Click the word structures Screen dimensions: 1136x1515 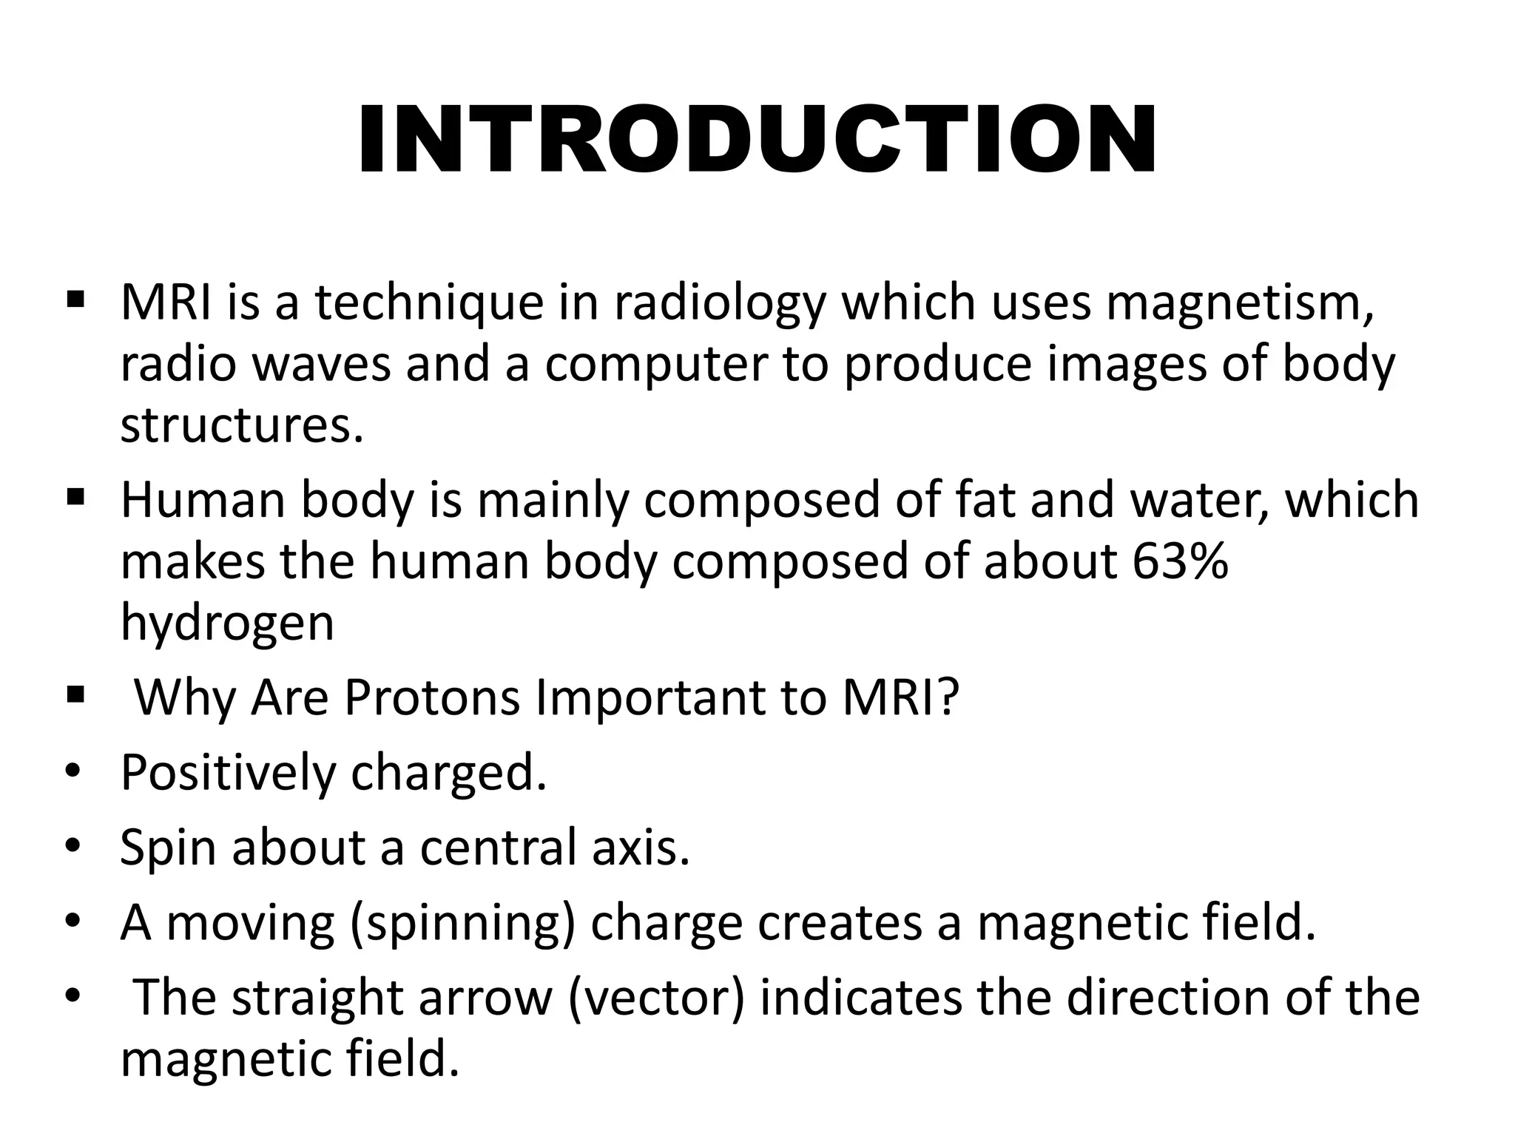pos(242,427)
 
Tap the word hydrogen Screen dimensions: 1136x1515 pos(227,624)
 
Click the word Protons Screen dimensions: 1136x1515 pos(432,698)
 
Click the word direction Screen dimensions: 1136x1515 pos(1168,998)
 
